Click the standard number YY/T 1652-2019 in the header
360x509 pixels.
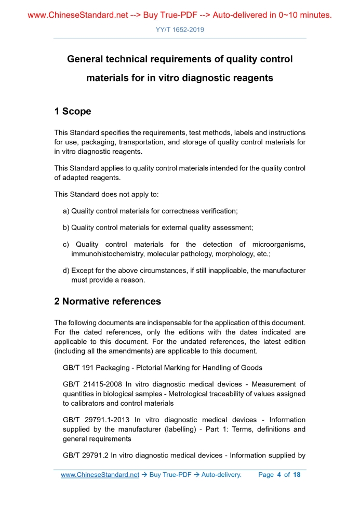[x=180, y=30]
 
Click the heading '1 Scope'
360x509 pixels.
[x=73, y=112]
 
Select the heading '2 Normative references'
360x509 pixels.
[x=108, y=301]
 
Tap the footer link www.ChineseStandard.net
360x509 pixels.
[x=100, y=475]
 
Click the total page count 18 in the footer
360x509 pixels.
[x=297, y=475]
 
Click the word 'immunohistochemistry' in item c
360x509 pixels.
[x=108, y=254]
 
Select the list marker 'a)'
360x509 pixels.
[x=66, y=211]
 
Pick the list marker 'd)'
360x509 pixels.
[x=66, y=271]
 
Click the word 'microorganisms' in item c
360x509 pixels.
[x=279, y=245]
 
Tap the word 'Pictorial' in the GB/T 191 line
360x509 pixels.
[x=155, y=368]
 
